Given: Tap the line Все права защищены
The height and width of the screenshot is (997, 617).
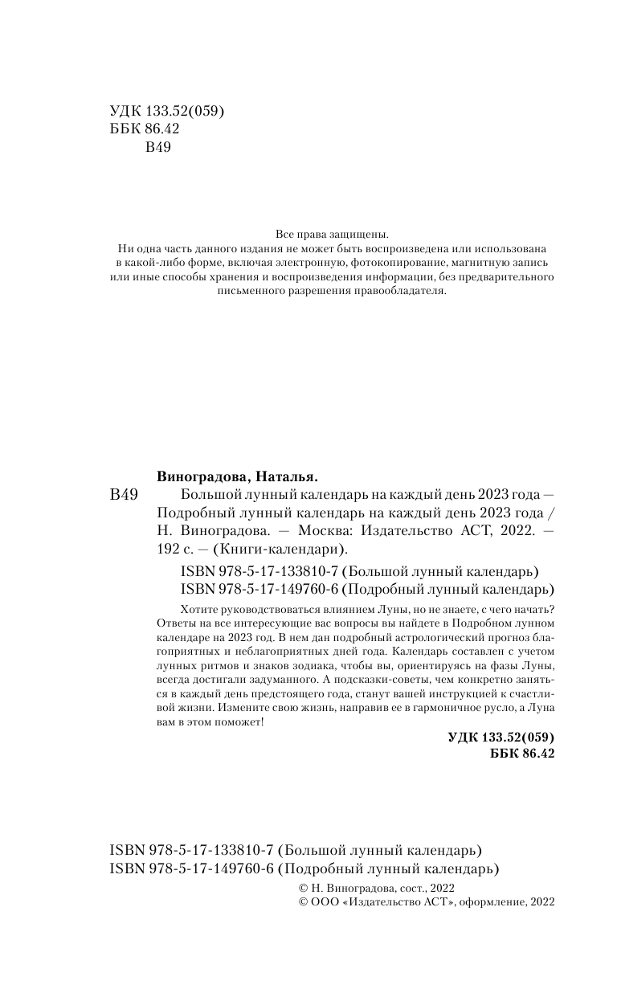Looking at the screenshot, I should [x=332, y=235].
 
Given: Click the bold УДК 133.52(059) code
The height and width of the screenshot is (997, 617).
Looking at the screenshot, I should [x=500, y=738].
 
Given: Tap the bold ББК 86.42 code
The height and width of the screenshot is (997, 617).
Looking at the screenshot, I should [x=521, y=754].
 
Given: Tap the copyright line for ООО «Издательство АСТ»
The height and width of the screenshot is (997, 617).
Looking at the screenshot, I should [x=426, y=903].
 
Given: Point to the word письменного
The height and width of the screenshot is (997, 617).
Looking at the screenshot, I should [x=254, y=292].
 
